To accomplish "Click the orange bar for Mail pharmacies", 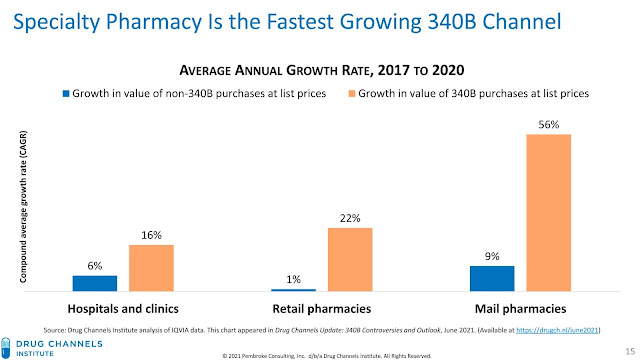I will (x=548, y=212).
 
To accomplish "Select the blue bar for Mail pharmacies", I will (x=492, y=278).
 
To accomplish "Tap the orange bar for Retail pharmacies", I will (x=350, y=259).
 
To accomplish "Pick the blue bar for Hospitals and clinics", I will (x=95, y=283).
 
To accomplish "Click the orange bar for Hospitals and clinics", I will (x=151, y=267).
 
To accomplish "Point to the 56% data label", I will (x=548, y=125).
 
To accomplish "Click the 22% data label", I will (x=350, y=218).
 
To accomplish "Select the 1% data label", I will (x=294, y=280).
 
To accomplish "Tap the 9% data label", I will (x=492, y=256).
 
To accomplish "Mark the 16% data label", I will (x=151, y=235).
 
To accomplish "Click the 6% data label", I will (x=95, y=266).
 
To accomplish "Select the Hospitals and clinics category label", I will (x=123, y=308).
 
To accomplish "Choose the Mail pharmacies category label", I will (x=520, y=308).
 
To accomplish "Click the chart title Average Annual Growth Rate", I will (x=320, y=70).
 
